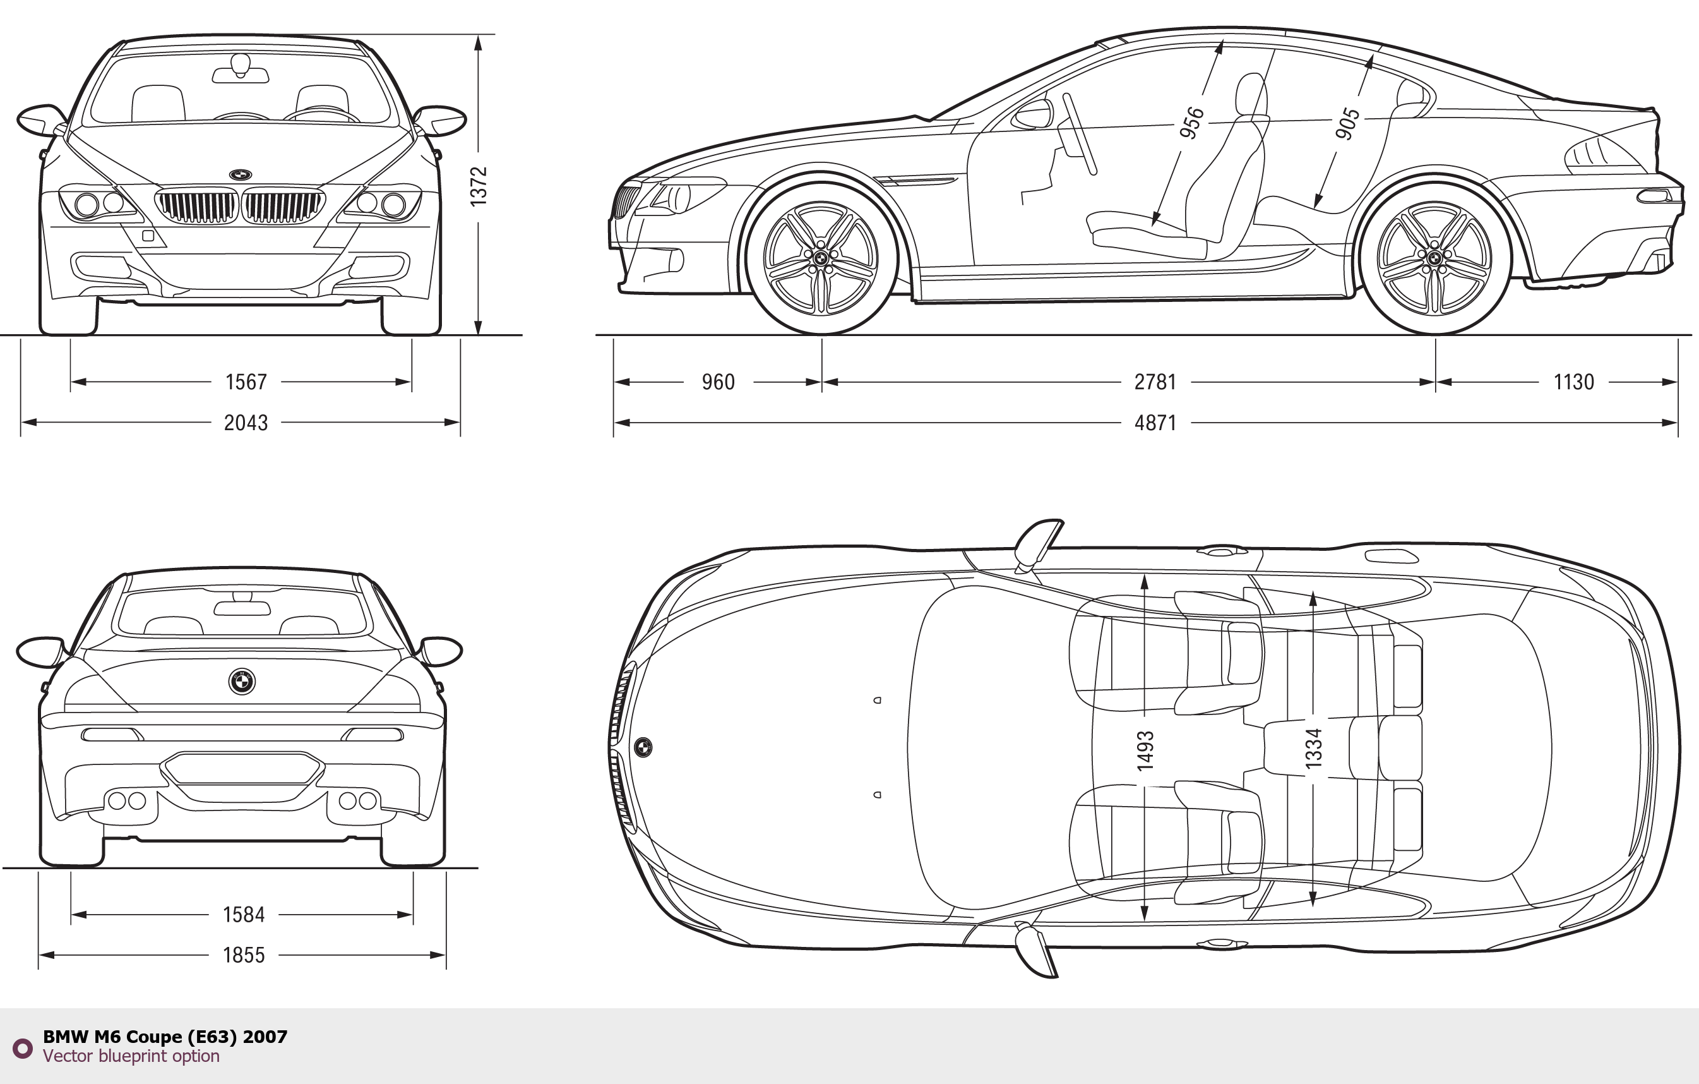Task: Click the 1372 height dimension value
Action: point(479,186)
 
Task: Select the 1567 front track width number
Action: point(246,382)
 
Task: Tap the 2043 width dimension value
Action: point(246,423)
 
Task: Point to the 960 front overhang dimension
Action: point(718,382)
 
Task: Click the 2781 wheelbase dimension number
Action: point(1155,382)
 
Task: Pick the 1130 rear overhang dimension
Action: point(1573,382)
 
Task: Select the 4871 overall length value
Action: point(1155,423)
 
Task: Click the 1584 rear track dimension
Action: point(244,915)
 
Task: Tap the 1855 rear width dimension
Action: point(244,955)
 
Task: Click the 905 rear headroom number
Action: point(1347,124)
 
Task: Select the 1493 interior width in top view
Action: point(1145,750)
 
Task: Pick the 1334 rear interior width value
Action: point(1313,748)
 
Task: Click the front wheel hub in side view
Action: point(821,258)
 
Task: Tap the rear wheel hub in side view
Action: point(1434,258)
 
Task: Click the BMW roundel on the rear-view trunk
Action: point(241,681)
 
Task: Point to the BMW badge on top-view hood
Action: point(643,747)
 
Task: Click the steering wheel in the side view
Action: point(1080,134)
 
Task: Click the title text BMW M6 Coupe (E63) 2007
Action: point(165,1037)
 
